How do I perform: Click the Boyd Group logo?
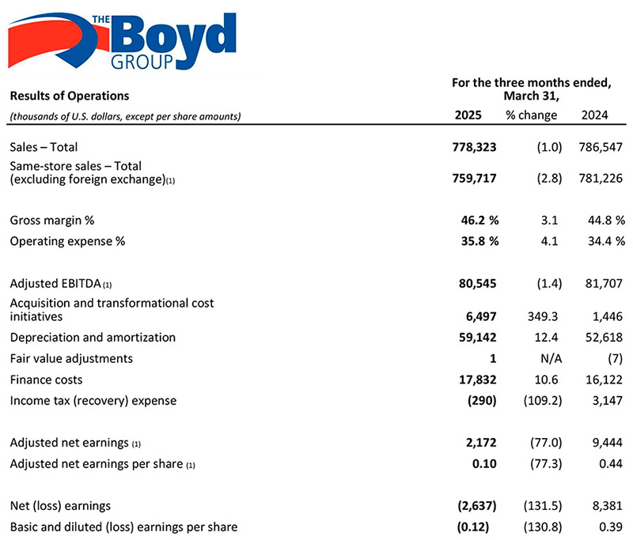(x=122, y=41)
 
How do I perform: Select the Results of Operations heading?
(x=70, y=96)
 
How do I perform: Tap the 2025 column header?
(x=468, y=115)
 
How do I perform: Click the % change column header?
(x=531, y=115)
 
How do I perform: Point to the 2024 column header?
(x=595, y=115)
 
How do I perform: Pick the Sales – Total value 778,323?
(x=474, y=147)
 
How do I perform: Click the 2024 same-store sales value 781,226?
(x=601, y=178)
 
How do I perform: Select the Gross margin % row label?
(x=52, y=221)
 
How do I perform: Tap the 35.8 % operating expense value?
(x=480, y=241)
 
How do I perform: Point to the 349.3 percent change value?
(x=543, y=316)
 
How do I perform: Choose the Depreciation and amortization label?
(x=93, y=338)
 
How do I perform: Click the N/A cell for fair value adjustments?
(x=551, y=358)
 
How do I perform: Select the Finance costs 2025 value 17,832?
(x=478, y=380)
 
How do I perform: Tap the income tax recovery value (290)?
(x=482, y=401)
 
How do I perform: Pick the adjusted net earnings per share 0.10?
(x=484, y=464)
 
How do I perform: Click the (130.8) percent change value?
(x=543, y=527)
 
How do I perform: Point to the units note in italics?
(x=125, y=116)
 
